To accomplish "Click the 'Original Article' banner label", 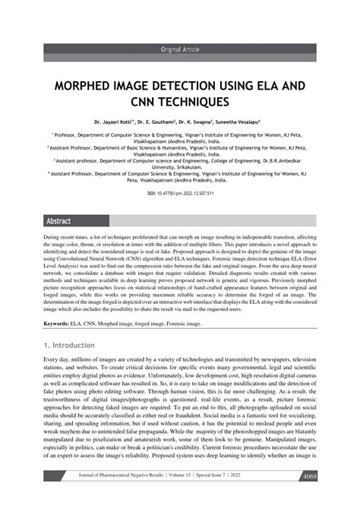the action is click(180, 49).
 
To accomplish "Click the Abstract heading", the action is click(58, 221).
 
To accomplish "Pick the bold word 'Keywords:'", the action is click(57, 324).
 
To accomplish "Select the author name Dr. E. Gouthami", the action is click(156, 121).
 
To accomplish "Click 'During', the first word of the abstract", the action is click(55, 238).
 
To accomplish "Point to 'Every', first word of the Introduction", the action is click(54, 359).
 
